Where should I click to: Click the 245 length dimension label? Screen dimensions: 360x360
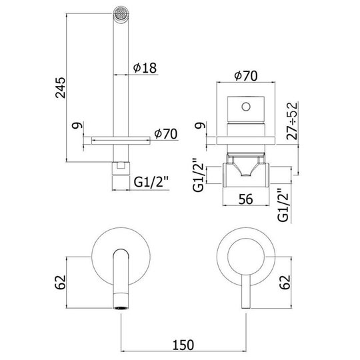click(61, 88)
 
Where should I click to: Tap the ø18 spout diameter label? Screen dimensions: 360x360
click(145, 68)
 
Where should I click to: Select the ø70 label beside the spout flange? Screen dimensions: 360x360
click(165, 133)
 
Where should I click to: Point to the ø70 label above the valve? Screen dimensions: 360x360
click(246, 76)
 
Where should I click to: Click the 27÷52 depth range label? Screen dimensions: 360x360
click(292, 121)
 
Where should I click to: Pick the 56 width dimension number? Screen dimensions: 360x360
click(246, 199)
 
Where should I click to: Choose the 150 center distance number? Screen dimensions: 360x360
click(183, 345)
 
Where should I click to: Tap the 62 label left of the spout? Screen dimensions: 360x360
click(61, 282)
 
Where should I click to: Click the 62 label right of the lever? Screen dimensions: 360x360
click(285, 282)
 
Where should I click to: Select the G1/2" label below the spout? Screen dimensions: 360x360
click(151, 183)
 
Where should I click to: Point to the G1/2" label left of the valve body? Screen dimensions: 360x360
click(199, 175)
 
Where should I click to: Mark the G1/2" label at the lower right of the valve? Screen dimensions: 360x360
click(283, 205)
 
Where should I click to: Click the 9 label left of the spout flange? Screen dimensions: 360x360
click(77, 125)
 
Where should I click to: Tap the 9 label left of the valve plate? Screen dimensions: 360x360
click(201, 125)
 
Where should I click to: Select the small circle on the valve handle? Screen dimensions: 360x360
click(246, 107)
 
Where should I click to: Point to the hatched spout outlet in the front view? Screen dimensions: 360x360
click(121, 308)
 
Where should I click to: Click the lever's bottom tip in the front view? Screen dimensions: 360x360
click(245, 308)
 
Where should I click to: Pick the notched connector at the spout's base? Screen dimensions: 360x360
click(121, 169)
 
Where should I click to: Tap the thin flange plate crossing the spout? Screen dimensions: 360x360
click(121, 141)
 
